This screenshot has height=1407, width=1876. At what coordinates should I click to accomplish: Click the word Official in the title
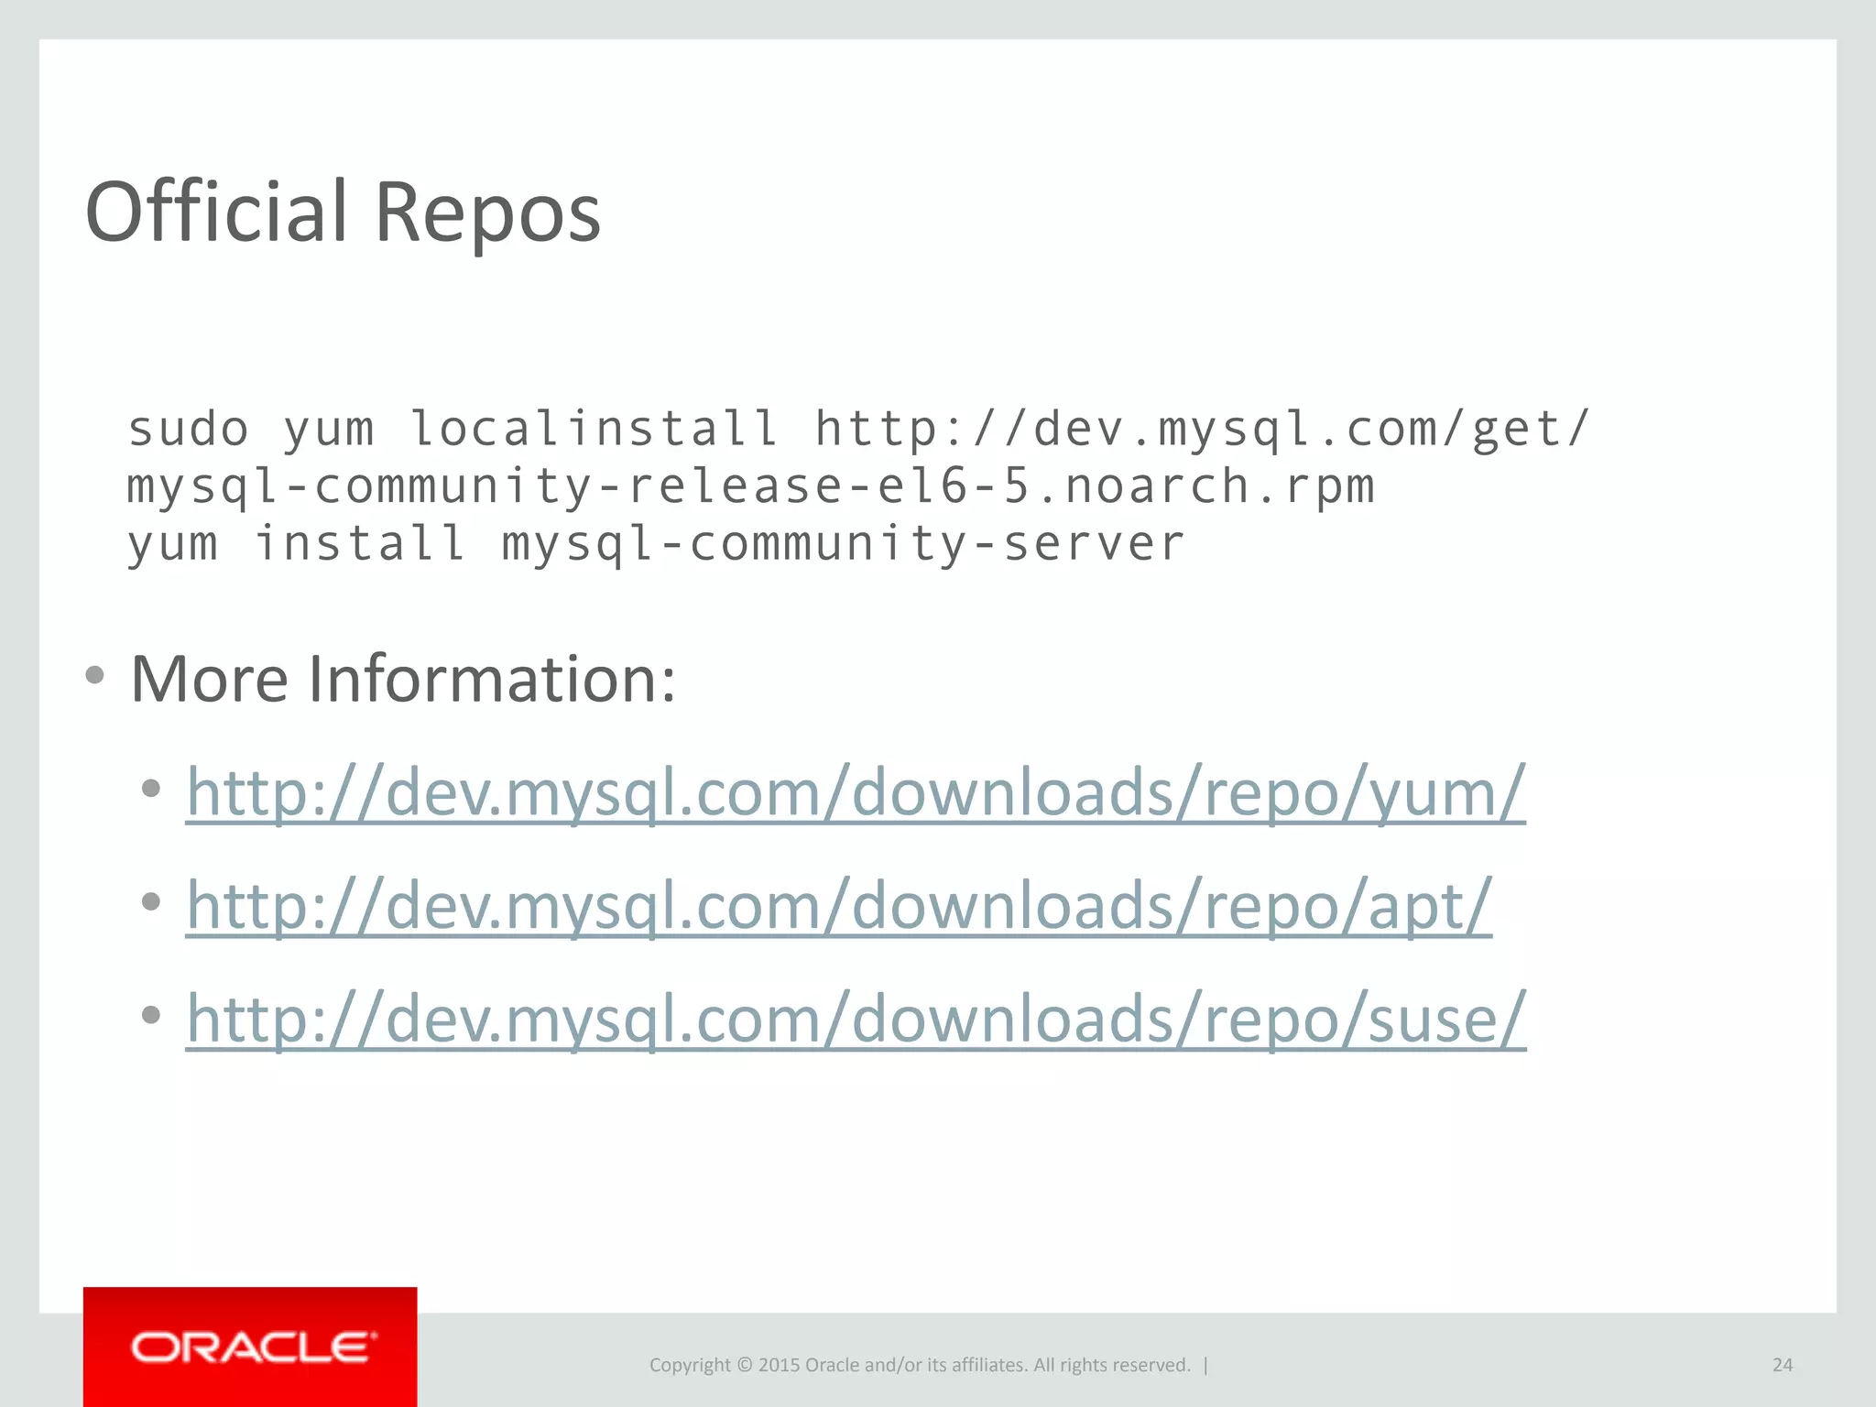coord(216,213)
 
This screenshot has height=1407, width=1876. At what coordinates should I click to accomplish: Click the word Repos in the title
coord(487,213)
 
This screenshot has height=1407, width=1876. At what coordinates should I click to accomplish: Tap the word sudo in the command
coord(188,429)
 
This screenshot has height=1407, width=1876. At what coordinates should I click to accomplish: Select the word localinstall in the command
coord(594,429)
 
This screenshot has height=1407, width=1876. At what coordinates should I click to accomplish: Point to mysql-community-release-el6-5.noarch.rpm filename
coord(750,485)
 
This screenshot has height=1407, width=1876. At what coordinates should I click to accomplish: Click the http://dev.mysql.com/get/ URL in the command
coord(1202,429)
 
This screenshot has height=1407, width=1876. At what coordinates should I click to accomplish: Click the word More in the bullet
coord(210,679)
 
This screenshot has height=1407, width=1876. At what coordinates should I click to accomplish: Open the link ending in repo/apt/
coord(839,905)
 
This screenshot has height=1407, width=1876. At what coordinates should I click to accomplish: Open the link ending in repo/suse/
coord(856,1018)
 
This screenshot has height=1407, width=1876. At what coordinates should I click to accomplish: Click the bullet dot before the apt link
coord(151,901)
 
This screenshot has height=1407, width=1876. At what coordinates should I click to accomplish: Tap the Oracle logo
coord(251,1347)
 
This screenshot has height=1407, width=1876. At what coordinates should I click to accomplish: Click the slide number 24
coord(1782,1365)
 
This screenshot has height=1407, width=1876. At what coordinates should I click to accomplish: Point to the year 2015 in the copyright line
coord(779,1365)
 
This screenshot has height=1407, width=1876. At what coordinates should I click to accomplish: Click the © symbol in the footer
coord(744,1365)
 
